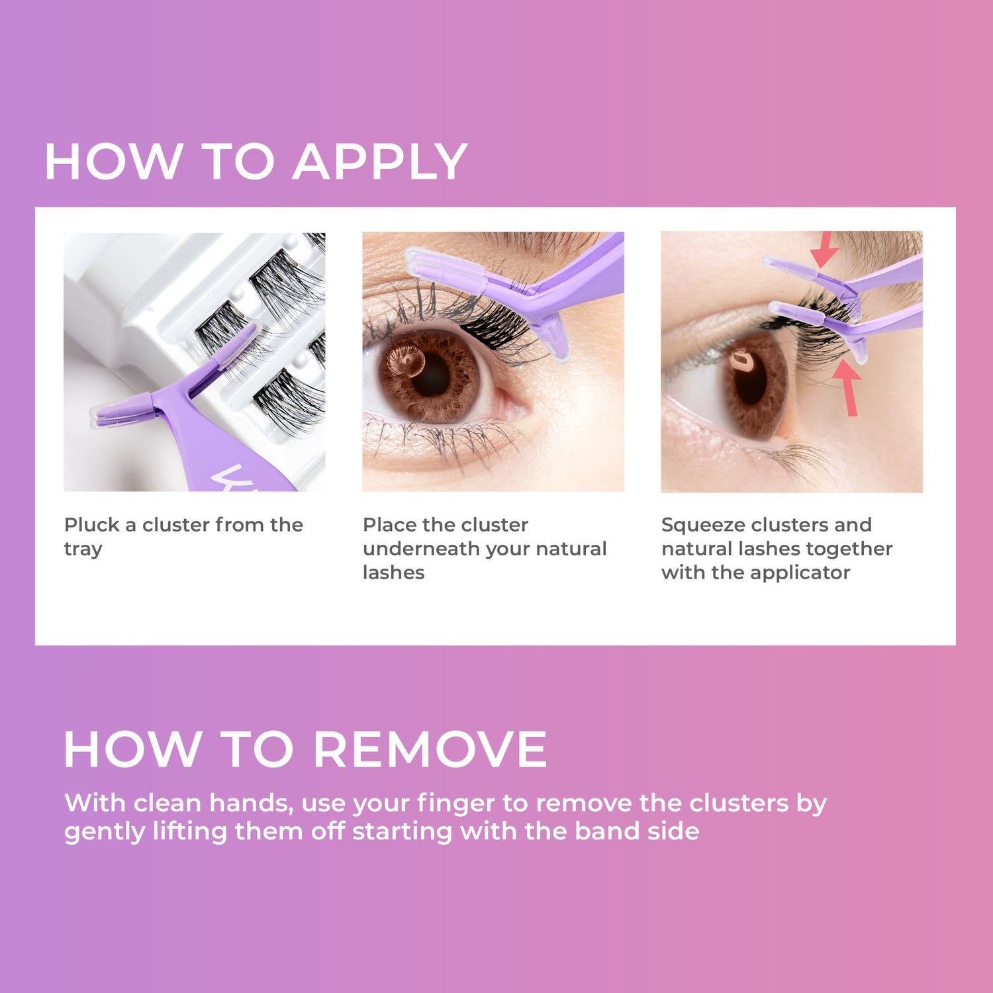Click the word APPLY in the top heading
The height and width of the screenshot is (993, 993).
[x=380, y=162]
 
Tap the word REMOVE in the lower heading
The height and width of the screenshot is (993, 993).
[x=430, y=750]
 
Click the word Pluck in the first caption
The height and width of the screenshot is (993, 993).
[x=91, y=525]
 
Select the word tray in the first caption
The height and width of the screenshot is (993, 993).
[x=83, y=549]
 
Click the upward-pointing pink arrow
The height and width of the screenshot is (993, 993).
[x=848, y=387]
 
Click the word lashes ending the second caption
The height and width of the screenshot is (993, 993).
[x=393, y=573]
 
